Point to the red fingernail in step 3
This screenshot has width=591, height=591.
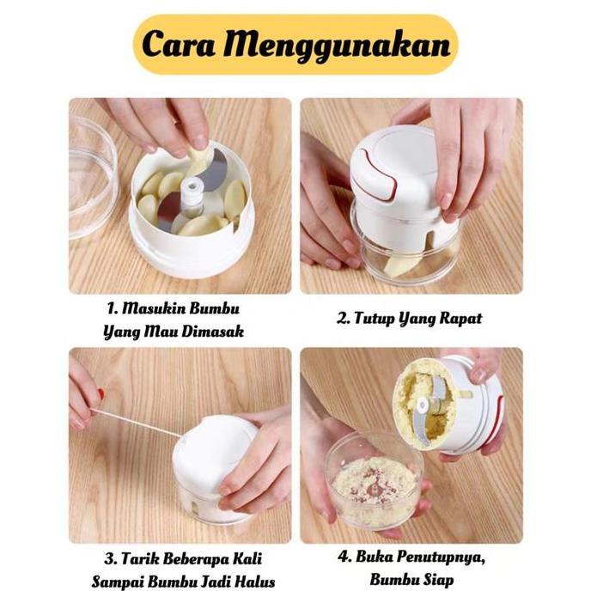pos(101,394)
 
